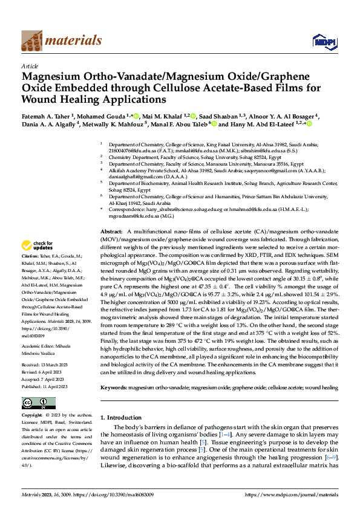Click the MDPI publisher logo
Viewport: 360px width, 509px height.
pos(321,41)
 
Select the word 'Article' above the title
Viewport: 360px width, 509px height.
pos(30,66)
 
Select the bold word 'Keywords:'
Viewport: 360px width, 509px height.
pos(114,386)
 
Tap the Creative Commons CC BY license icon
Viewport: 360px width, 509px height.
pos(35,403)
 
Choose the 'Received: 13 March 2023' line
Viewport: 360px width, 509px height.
pos(48,366)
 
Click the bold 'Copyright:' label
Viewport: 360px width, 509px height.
pos(33,415)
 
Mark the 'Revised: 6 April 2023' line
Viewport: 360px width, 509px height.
pos(45,372)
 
